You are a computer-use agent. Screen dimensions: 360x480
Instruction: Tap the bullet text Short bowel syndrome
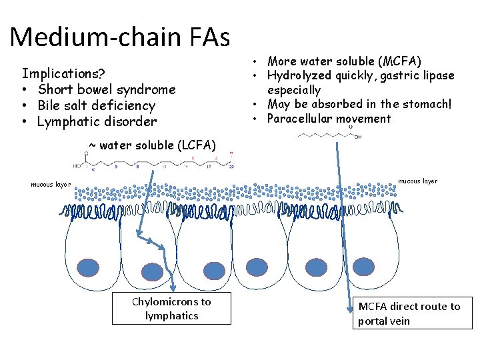[107, 89]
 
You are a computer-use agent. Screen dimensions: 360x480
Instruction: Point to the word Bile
[51, 105]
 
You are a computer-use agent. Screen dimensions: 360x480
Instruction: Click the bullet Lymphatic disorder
[97, 121]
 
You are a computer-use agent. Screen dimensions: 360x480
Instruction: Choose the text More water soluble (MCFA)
[344, 61]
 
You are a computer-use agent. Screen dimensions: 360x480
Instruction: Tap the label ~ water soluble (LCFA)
[153, 145]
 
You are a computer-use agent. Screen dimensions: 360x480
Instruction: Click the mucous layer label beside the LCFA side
[51, 185]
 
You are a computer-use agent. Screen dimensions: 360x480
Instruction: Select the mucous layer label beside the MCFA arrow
[418, 181]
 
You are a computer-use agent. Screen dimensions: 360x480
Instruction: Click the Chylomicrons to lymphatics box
[171, 309]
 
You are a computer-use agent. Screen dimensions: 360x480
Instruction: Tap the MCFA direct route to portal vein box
[409, 313]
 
